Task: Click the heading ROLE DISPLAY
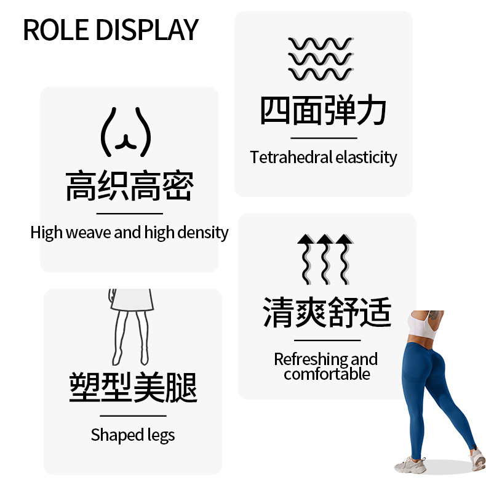111,30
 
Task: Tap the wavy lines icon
320,59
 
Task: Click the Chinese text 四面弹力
324,111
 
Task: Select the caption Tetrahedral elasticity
324,158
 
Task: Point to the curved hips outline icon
125,132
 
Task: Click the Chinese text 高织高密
129,187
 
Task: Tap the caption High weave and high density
129,233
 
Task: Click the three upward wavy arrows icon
325,259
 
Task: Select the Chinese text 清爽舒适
327,312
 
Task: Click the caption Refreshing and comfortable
326,366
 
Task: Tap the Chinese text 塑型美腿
133,388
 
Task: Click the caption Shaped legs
133,435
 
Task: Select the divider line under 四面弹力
324,138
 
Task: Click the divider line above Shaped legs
133,416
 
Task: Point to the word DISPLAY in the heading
148,30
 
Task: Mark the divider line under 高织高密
129,214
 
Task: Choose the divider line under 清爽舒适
327,340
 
